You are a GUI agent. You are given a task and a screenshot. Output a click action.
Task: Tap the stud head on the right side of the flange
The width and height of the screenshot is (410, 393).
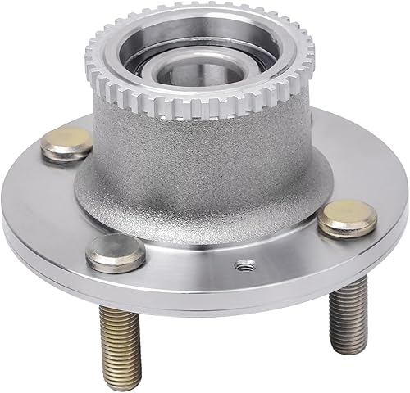pyautogui.click(x=347, y=217)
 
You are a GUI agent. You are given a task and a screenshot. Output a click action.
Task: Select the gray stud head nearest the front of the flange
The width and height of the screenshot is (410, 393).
pyautogui.click(x=116, y=253)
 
